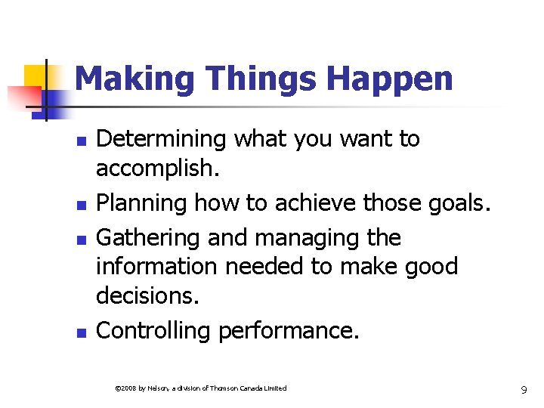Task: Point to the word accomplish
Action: point(156,168)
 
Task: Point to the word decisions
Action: point(147,295)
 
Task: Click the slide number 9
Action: point(524,391)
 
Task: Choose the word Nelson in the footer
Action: point(158,388)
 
